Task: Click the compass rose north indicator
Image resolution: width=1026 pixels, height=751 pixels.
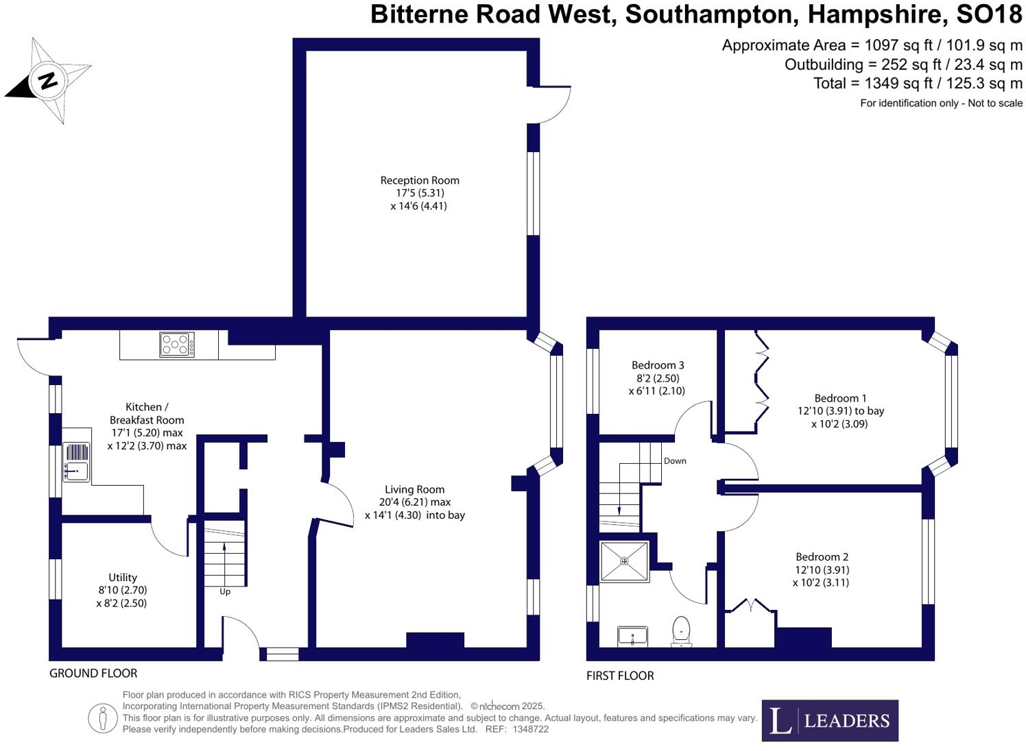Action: pyautogui.click(x=47, y=81)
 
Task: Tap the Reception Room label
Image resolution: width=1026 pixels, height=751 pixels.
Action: pyautogui.click(x=420, y=181)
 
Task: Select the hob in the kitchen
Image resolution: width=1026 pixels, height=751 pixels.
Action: pyautogui.click(x=177, y=345)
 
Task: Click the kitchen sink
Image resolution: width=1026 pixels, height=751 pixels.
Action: pyautogui.click(x=76, y=461)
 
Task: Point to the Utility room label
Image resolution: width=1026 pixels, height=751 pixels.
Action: pyautogui.click(x=123, y=578)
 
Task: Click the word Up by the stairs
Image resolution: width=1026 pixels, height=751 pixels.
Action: pyautogui.click(x=225, y=591)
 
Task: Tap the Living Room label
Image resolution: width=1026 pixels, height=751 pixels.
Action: pyautogui.click(x=414, y=490)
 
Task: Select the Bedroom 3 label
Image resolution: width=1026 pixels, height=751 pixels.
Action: pyautogui.click(x=658, y=365)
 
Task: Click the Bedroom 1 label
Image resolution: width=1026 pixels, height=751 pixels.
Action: pyautogui.click(x=840, y=398)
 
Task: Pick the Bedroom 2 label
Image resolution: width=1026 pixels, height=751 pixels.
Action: pyautogui.click(x=822, y=557)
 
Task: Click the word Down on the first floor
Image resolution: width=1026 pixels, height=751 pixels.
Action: pyautogui.click(x=675, y=461)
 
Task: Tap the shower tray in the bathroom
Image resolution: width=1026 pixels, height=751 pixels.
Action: pyautogui.click(x=624, y=561)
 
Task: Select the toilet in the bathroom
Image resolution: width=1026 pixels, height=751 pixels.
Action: pyautogui.click(x=681, y=630)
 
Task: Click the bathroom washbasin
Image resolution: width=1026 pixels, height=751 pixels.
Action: pyautogui.click(x=632, y=636)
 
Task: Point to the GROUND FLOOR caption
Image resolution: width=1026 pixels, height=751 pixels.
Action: pyautogui.click(x=93, y=674)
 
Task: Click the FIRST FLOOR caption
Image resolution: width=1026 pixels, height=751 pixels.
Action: pyautogui.click(x=620, y=676)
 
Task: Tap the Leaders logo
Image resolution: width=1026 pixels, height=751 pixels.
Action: pyautogui.click(x=830, y=720)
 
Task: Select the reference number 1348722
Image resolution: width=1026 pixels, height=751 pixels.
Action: pyautogui.click(x=530, y=730)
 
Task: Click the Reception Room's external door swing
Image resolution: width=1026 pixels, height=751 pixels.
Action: pyautogui.click(x=552, y=105)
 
